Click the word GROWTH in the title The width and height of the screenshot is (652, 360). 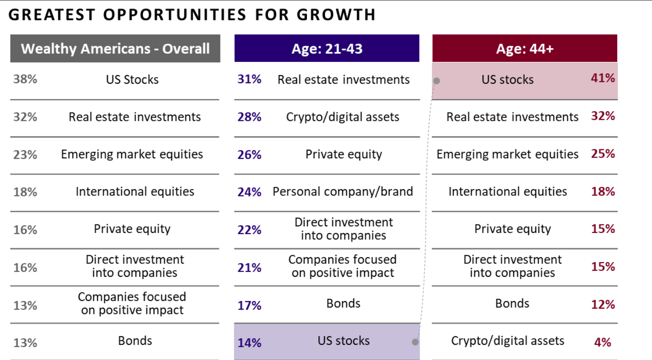point(336,15)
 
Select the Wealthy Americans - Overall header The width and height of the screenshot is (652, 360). point(115,49)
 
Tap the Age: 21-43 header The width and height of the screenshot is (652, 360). point(327,49)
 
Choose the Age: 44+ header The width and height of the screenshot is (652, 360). point(525,49)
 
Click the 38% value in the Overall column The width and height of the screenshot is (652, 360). point(25,79)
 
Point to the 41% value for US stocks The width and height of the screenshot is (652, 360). point(603,78)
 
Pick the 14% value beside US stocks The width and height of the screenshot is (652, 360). point(249,342)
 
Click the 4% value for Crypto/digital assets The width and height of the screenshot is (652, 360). point(603,342)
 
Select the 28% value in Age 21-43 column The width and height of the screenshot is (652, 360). point(249,117)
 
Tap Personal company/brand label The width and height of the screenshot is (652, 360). point(343,192)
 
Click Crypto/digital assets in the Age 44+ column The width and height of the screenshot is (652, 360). point(508,341)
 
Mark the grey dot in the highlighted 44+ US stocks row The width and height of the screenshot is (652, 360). point(437,81)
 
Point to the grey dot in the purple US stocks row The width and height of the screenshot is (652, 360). point(415,342)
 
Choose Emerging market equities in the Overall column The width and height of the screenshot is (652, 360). point(132,154)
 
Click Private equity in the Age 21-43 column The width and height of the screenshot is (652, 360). point(344,154)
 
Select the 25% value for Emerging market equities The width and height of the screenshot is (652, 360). point(603,154)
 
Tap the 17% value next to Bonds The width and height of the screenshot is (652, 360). point(249,305)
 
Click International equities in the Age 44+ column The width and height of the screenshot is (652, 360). point(508,192)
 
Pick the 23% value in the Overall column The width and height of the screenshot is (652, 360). point(25,155)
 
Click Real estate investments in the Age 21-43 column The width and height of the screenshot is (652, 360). point(344,79)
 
